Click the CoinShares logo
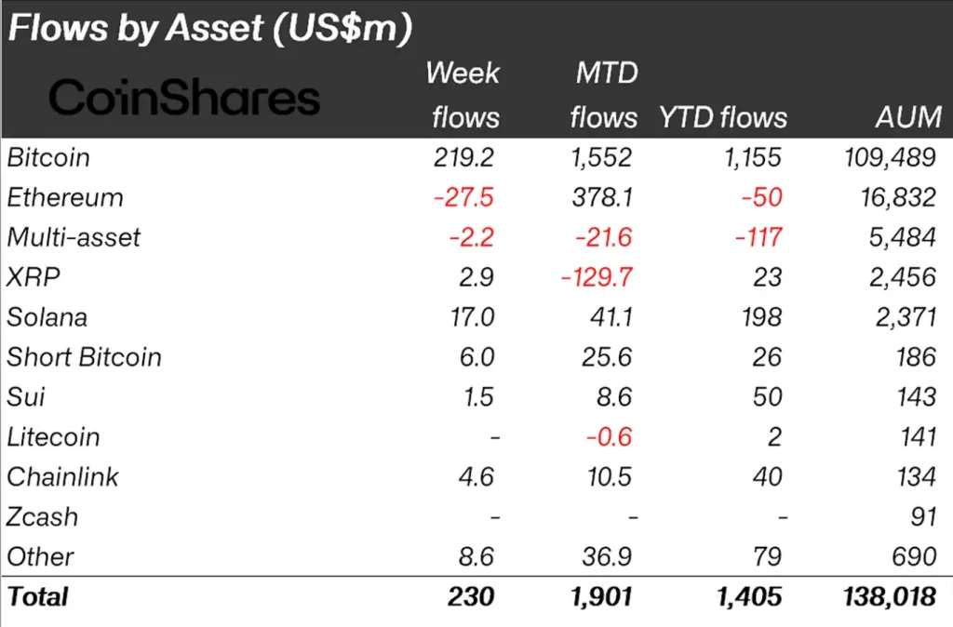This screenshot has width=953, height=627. pos(184,97)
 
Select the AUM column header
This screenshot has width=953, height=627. pos(908,117)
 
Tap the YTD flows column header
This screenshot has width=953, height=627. pos(723,117)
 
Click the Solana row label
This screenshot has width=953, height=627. pos(47,317)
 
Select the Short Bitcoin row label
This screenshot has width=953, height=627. pos(84,357)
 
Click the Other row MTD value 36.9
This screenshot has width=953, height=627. pos(607,557)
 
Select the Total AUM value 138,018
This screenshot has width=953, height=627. pos(887,596)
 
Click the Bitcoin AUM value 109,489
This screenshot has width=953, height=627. pos(887,157)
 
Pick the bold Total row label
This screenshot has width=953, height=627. pos(38,596)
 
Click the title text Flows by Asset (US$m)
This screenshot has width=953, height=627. pos(209,29)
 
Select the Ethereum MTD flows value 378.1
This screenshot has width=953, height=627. pos(601,197)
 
